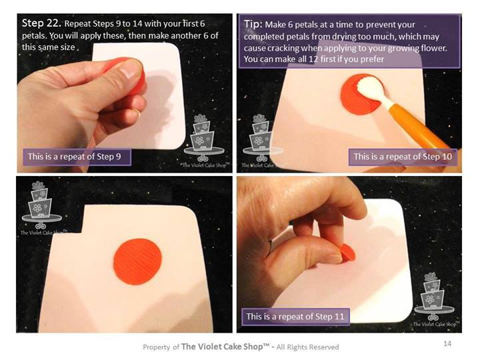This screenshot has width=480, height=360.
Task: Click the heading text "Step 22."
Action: click(x=41, y=23)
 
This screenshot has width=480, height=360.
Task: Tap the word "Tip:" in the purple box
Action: click(x=253, y=24)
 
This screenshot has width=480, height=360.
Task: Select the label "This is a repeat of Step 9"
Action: click(x=75, y=157)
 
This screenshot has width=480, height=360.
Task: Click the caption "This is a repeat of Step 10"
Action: click(x=403, y=157)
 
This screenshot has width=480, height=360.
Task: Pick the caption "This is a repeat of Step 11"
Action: click(x=295, y=316)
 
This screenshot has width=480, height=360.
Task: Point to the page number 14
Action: click(x=447, y=343)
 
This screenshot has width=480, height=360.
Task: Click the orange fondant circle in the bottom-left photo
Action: click(x=137, y=262)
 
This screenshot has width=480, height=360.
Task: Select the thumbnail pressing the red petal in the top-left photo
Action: click(x=131, y=68)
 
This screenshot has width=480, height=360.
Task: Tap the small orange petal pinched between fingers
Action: click(x=348, y=253)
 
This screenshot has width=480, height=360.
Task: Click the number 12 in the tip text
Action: click(x=314, y=59)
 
